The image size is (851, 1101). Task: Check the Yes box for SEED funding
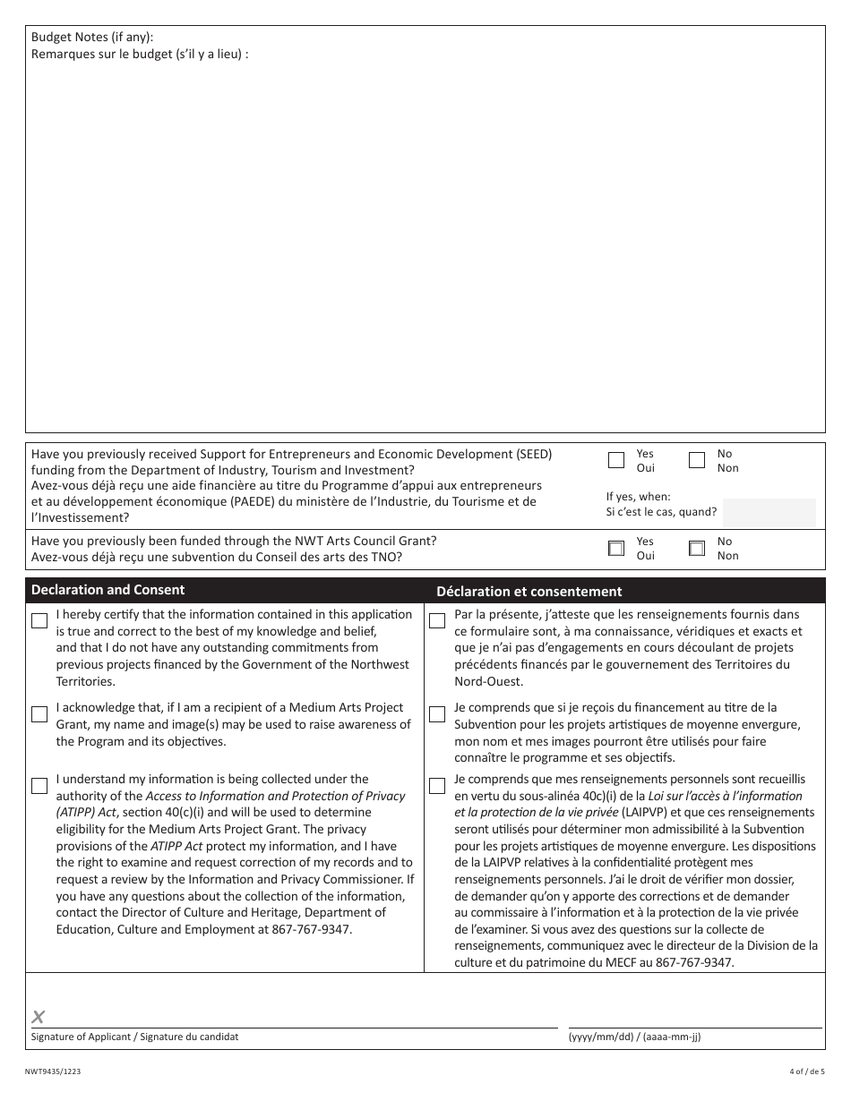click(616, 461)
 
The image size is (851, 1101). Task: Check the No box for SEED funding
click(697, 461)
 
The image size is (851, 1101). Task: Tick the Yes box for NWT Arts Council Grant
click(616, 549)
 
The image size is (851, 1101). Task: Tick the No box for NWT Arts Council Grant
click(697, 549)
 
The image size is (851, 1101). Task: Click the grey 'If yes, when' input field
click(769, 512)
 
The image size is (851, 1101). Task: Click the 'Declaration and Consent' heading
click(107, 590)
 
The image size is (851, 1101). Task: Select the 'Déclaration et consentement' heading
click(529, 592)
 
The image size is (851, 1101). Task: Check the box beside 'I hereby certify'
click(39, 621)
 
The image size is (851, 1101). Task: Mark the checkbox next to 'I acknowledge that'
click(39, 714)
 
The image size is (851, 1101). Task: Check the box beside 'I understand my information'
click(39, 786)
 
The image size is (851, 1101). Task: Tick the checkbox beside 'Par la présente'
click(437, 621)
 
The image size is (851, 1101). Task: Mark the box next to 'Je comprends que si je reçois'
click(437, 714)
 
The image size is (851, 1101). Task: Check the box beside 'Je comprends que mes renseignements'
click(437, 786)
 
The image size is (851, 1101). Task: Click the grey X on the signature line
click(38, 1016)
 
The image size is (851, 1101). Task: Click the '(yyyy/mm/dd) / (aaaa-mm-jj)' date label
click(634, 1037)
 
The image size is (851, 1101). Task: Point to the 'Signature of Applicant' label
click(134, 1037)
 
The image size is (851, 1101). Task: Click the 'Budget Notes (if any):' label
click(92, 37)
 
